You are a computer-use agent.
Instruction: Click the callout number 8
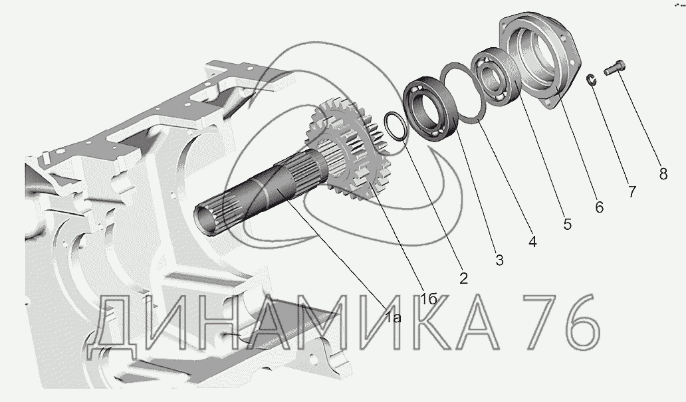[663, 174]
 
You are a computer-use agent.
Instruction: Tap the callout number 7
[631, 191]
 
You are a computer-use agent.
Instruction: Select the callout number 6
[600, 207]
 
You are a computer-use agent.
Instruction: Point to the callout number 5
[567, 225]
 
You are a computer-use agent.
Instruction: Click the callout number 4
[532, 242]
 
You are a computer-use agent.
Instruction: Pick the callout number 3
[499, 260]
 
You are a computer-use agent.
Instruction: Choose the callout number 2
[464, 278]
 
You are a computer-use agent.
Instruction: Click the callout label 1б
[429, 299]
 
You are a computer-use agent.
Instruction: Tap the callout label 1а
[394, 317]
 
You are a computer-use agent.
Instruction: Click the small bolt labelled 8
[615, 68]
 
